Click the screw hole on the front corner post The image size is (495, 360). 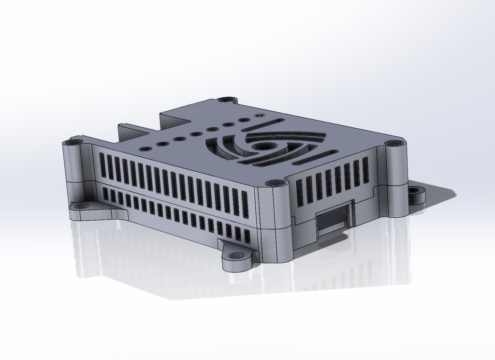[275, 183]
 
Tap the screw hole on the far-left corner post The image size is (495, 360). [74, 143]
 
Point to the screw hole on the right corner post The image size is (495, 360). [393, 143]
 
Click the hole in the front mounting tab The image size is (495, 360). [236, 255]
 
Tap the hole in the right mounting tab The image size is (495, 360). [414, 190]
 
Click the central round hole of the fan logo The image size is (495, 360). [262, 146]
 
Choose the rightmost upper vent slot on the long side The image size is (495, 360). [245, 203]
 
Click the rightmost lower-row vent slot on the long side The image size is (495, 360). [247, 237]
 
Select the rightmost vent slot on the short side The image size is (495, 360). [366, 170]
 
